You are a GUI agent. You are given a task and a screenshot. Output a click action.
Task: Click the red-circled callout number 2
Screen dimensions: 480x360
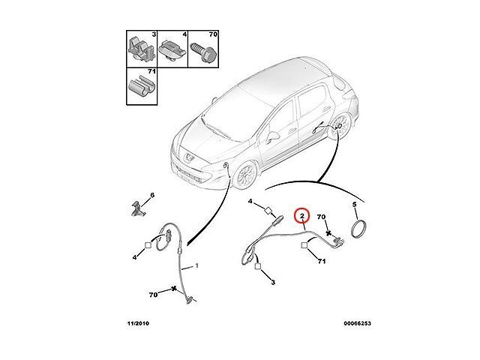[x=301, y=216]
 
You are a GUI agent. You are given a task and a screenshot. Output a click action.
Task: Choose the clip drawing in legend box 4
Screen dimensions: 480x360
[x=172, y=49]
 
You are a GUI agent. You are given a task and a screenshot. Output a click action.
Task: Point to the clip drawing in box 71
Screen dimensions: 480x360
[x=141, y=87]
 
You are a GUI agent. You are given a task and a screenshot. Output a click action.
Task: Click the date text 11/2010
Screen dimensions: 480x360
[x=138, y=323]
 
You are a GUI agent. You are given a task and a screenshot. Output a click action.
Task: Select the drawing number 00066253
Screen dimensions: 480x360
[x=357, y=323]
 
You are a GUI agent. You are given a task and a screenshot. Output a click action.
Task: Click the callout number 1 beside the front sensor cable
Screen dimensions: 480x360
[x=196, y=265]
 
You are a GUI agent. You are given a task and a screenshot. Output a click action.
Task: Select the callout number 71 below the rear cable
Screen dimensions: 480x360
[x=322, y=261]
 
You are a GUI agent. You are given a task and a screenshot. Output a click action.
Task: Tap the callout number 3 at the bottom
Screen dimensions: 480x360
[x=273, y=282]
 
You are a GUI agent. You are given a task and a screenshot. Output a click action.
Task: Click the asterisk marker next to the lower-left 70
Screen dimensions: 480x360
[x=174, y=288]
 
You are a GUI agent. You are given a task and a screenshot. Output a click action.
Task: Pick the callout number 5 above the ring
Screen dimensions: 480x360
[x=354, y=205]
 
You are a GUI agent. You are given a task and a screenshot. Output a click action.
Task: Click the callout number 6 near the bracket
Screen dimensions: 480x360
[x=152, y=195]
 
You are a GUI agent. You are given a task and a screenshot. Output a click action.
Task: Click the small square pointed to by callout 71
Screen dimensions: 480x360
[x=304, y=245]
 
